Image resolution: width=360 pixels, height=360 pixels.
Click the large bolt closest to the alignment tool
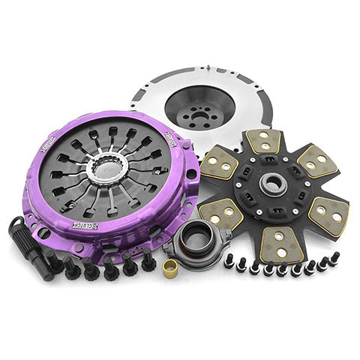[54, 262]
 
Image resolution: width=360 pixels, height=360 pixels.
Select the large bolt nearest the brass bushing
[148, 261]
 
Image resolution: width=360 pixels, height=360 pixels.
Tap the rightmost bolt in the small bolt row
[334, 257]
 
